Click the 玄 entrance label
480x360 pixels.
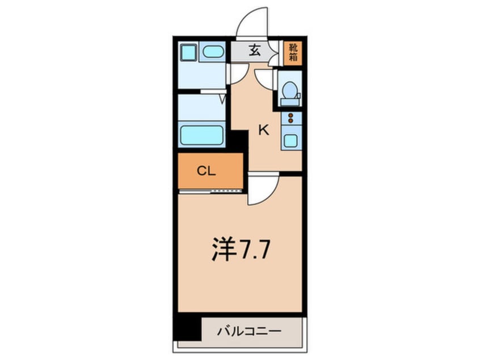click(x=254, y=51)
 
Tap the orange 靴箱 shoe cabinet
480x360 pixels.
click(x=293, y=52)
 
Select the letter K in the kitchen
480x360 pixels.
click(x=263, y=130)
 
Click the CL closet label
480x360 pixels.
click(x=206, y=171)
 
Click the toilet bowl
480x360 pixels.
click(x=290, y=90)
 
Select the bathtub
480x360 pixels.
click(x=201, y=136)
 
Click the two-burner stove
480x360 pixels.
click(x=291, y=119)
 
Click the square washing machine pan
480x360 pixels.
click(x=187, y=53)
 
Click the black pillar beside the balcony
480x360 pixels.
click(x=188, y=328)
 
